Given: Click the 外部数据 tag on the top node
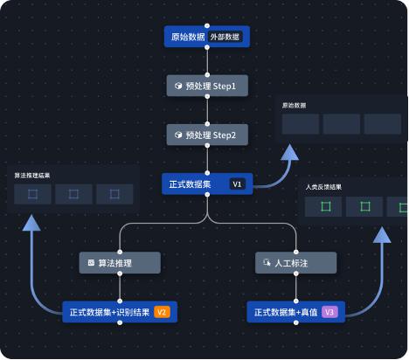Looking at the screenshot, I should [227, 37].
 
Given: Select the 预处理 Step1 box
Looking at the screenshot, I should [207, 87].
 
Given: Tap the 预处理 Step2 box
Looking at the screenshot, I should [207, 135].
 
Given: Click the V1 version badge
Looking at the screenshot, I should [237, 184].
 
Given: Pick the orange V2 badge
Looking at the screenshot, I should [162, 312].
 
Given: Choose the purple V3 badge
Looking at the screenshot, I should [329, 312].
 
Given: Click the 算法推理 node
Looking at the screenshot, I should [120, 262].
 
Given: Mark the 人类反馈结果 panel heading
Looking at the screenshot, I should [324, 187].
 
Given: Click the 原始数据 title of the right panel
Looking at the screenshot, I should [294, 106].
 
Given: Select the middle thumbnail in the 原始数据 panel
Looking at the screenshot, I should [341, 123].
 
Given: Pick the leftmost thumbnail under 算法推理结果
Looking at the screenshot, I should [32, 193].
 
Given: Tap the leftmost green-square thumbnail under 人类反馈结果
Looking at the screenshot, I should [325, 206].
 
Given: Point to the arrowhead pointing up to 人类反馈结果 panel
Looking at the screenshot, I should [382, 236].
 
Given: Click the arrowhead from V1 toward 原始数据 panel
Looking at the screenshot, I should [288, 153].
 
